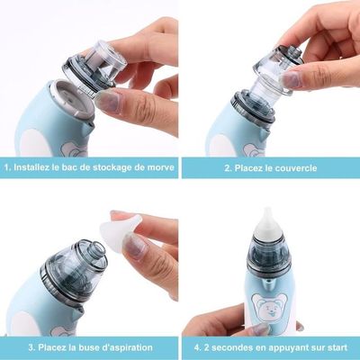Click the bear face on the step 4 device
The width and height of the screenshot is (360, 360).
pos(269,309)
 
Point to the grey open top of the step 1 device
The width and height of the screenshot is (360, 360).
pos(71,101)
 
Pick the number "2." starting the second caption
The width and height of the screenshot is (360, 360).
pos(229,167)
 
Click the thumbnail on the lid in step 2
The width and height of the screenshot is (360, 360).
pos(290,80)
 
